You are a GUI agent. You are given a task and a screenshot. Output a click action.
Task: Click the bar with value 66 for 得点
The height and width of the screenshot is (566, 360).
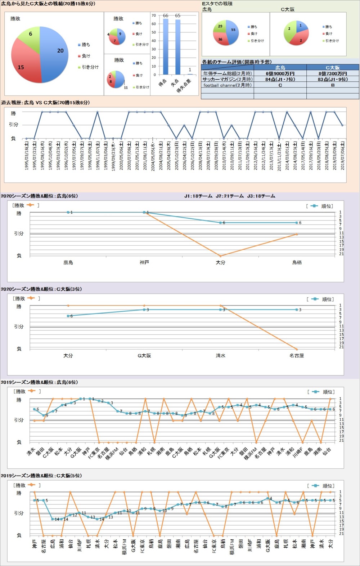tap(166, 47)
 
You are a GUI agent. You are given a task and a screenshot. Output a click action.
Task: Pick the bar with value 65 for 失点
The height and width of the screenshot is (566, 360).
tap(178, 47)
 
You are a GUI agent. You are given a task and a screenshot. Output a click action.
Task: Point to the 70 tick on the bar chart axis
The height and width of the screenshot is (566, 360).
tap(154, 15)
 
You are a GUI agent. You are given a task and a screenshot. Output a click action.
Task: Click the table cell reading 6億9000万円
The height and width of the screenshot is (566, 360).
tap(280, 73)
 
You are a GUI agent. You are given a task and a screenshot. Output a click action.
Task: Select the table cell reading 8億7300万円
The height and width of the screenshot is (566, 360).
tap(332, 73)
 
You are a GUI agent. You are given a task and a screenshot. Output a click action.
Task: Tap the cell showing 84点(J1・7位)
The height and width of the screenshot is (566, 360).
tap(280, 79)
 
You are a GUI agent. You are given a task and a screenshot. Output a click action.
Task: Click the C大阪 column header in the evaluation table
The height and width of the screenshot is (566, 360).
tap(332, 67)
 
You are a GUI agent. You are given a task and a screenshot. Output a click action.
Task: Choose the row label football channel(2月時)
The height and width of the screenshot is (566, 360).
tap(227, 85)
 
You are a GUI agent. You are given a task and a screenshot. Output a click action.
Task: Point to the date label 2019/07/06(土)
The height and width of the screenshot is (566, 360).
tap(342, 155)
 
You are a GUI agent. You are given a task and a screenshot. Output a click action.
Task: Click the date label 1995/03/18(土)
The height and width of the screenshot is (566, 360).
tap(27, 155)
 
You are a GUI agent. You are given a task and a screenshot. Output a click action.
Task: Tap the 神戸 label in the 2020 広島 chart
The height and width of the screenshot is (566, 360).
tap(144, 263)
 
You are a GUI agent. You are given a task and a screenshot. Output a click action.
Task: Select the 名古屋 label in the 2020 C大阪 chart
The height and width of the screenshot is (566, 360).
tap(297, 356)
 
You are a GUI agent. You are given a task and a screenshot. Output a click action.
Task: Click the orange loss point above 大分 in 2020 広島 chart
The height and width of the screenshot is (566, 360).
tap(220, 256)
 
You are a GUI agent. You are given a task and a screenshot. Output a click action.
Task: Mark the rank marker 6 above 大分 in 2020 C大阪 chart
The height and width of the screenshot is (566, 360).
tap(68, 316)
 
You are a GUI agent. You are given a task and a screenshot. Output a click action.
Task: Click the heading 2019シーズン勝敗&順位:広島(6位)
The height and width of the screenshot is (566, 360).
tap(39, 382)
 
